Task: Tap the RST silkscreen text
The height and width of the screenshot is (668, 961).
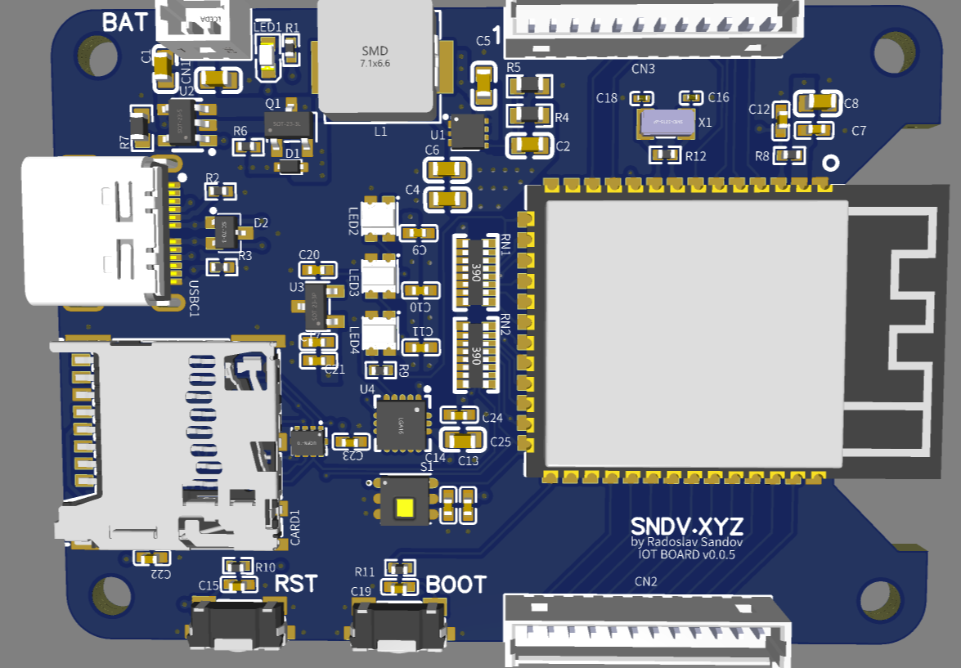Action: click(295, 584)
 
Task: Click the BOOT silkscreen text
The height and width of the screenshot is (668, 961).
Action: click(456, 585)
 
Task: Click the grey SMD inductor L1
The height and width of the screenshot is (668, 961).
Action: click(376, 56)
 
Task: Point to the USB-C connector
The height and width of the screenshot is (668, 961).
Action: click(90, 231)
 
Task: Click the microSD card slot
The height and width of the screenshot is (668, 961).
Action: click(168, 442)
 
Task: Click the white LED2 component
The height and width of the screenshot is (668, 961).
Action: click(379, 218)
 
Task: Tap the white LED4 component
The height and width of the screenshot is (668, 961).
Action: click(379, 334)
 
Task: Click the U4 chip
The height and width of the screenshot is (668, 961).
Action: click(401, 423)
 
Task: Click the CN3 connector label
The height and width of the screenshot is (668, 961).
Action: click(644, 69)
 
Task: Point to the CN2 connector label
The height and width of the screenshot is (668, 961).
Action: click(646, 581)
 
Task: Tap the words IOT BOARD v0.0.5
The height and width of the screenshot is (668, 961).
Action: click(687, 554)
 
